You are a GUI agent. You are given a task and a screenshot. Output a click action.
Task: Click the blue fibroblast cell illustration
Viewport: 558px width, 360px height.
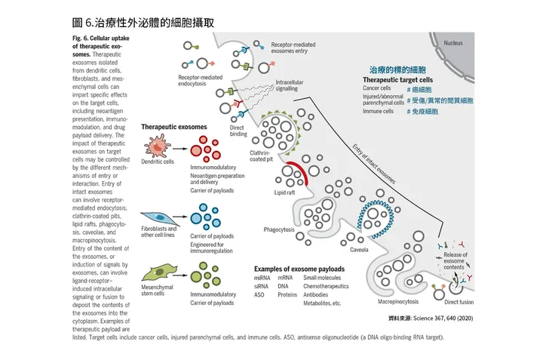[x=159, y=216]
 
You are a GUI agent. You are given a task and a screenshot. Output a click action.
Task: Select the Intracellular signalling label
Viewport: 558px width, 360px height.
[x=293, y=85]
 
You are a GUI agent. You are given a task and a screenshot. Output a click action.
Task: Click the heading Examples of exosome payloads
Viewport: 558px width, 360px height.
[x=299, y=269]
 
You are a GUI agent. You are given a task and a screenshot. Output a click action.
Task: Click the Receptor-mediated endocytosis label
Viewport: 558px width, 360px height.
[x=202, y=81]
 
